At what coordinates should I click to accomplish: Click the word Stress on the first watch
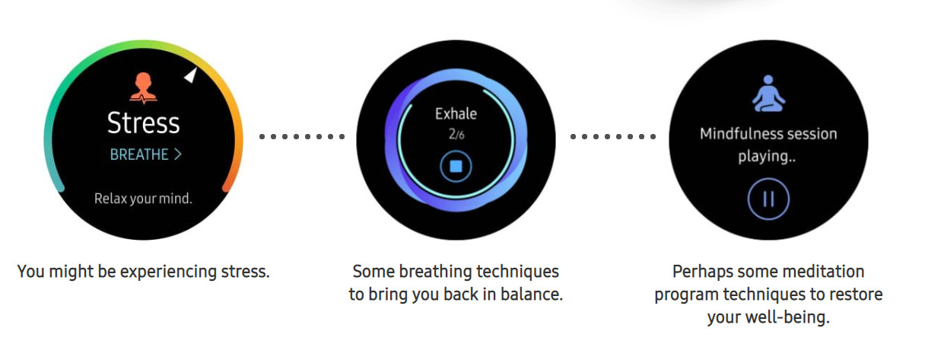pos(143,123)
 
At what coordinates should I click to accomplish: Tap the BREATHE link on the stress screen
pos(146,155)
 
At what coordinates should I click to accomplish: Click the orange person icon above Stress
pos(143,88)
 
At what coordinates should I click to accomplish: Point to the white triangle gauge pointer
pos(191,75)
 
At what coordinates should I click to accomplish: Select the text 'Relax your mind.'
pos(143,199)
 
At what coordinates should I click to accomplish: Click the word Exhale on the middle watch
pos(456,113)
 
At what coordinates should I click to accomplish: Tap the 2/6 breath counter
pos(456,134)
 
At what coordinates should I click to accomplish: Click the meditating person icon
pos(768,94)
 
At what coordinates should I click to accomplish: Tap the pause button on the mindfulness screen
pos(768,199)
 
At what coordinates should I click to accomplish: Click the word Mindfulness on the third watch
pos(735,134)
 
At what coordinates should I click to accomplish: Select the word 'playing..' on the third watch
pos(767,157)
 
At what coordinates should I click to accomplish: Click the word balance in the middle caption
pos(532,295)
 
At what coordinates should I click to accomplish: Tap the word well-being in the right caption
pos(787,318)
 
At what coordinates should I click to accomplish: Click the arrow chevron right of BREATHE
pos(177,155)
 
